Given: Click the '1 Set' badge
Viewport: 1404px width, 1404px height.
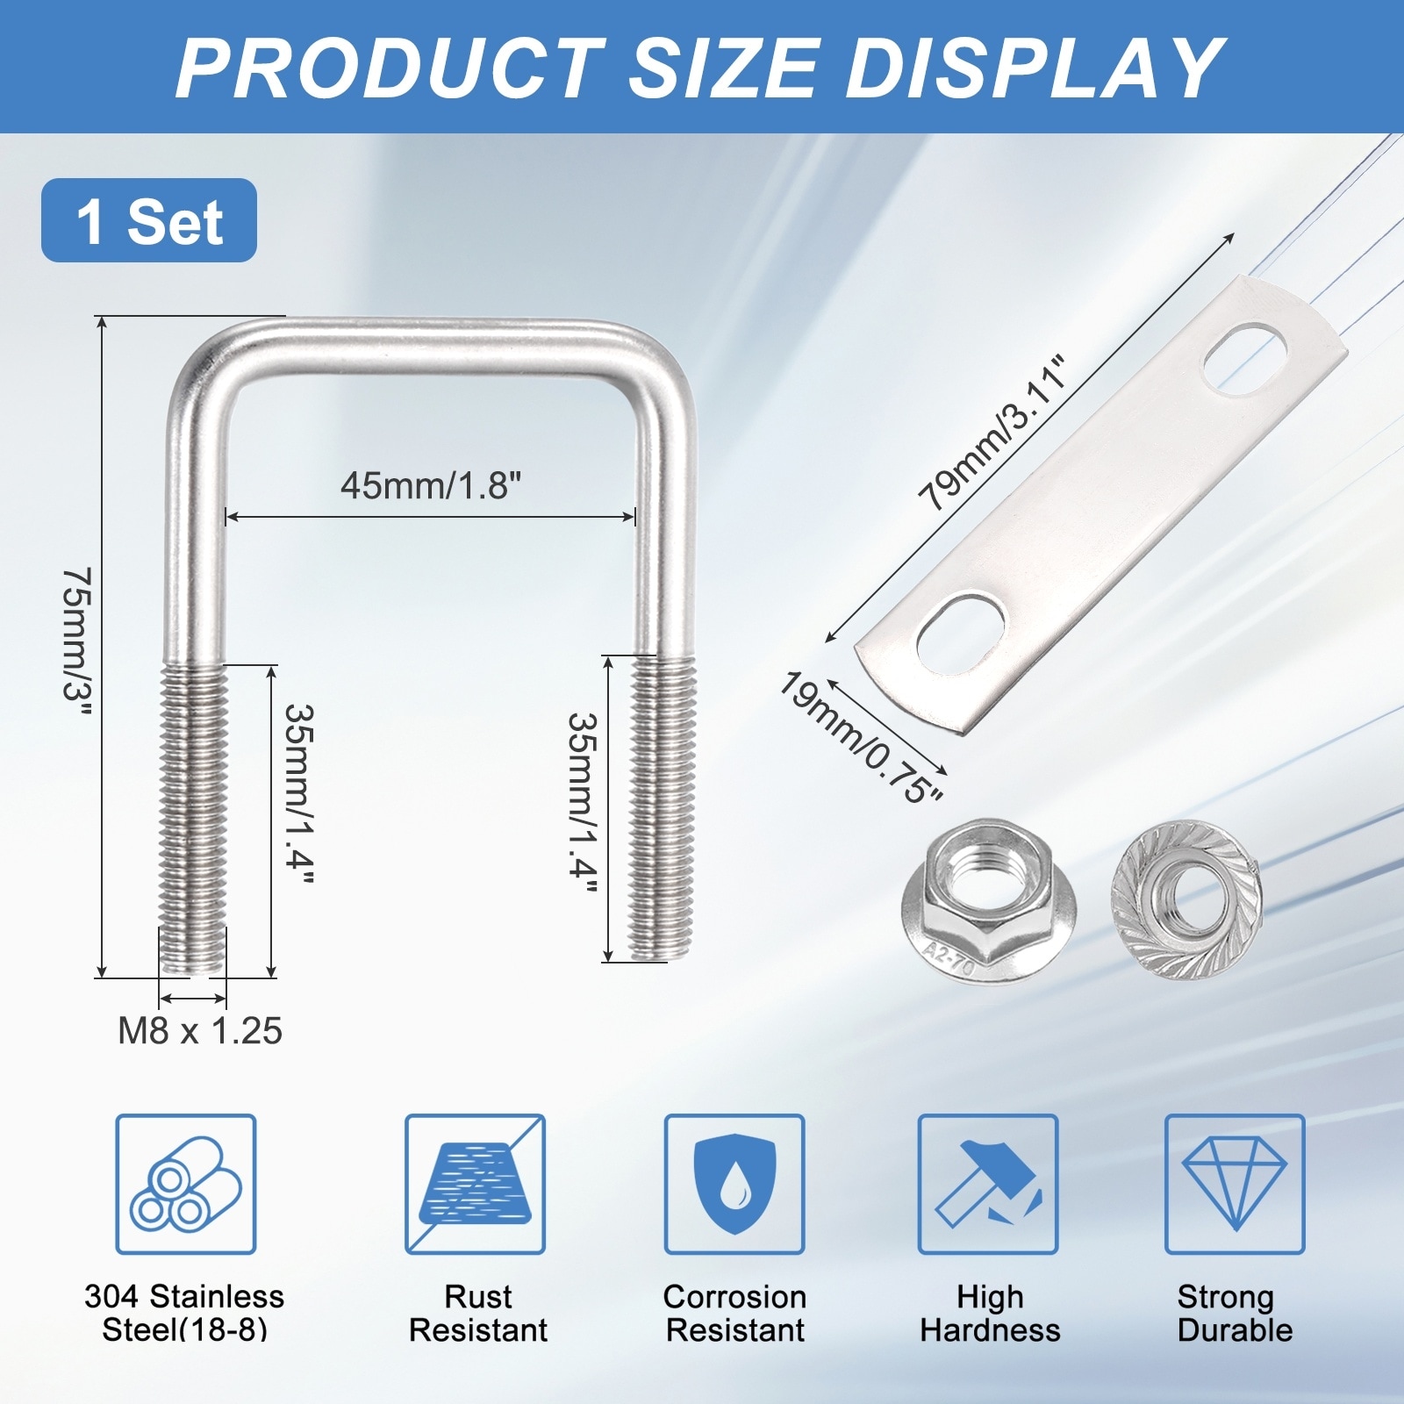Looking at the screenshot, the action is (x=149, y=220).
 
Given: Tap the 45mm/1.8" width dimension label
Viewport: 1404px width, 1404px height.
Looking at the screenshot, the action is (x=431, y=485).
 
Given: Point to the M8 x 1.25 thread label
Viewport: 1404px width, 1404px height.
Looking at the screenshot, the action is (x=200, y=1031).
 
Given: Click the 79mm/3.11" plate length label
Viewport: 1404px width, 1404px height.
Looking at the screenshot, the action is (x=993, y=433).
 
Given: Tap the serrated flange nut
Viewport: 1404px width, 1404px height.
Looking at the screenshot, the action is (x=1186, y=901).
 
